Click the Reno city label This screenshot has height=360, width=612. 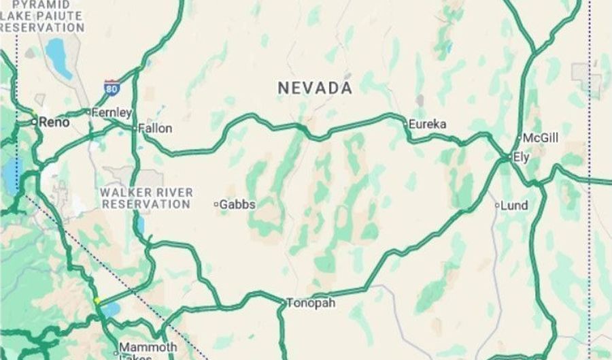point(54,122)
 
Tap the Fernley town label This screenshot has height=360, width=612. point(112,112)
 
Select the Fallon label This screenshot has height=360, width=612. point(155,128)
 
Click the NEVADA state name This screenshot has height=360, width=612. point(315,88)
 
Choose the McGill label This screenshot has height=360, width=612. point(541,138)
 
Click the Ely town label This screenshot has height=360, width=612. point(521,157)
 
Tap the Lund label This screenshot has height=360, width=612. point(514,206)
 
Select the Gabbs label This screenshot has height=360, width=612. point(237,203)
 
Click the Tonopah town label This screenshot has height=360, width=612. point(311,303)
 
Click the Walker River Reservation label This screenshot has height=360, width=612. point(146,198)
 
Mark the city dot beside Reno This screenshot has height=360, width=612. point(35,122)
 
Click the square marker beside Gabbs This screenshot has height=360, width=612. point(216,203)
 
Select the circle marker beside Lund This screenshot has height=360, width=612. point(497,205)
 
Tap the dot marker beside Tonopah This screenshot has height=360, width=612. point(283,301)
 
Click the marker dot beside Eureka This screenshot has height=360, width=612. point(405,124)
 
